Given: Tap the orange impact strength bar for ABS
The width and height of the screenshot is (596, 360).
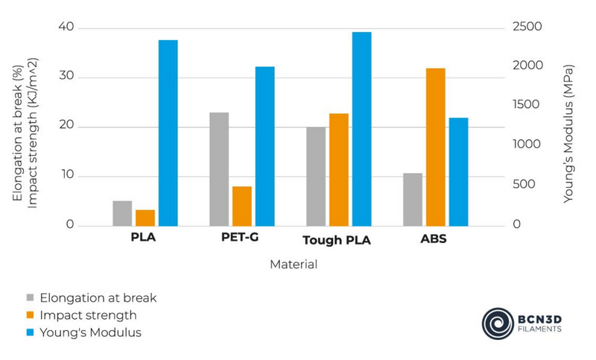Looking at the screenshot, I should [435, 147].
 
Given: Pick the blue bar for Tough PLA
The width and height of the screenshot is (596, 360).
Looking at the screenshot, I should [361, 129].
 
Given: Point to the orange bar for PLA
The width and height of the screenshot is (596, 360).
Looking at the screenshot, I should [145, 218].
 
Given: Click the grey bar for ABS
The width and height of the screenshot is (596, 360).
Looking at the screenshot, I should [413, 199].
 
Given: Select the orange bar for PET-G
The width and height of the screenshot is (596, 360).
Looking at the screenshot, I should [242, 206].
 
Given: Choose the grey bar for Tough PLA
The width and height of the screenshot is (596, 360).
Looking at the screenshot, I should [316, 176].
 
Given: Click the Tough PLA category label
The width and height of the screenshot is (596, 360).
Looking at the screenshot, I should [337, 241].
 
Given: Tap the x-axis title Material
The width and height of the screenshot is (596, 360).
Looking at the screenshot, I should [294, 265].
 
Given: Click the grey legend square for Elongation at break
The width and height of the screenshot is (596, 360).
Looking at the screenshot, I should [30, 298].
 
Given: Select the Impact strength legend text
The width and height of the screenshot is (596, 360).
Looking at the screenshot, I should [88, 315].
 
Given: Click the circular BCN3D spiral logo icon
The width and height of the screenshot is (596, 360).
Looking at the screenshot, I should [496, 322].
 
